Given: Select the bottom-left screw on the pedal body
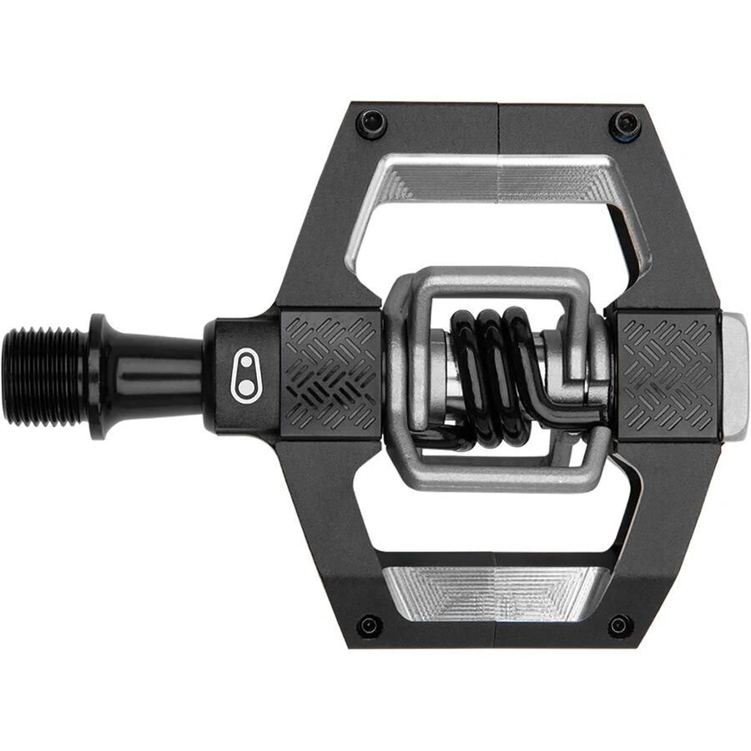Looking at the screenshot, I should coord(369,625).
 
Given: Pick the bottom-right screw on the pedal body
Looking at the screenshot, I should coord(620,625).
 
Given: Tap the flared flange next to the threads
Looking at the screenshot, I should coord(98,375).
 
